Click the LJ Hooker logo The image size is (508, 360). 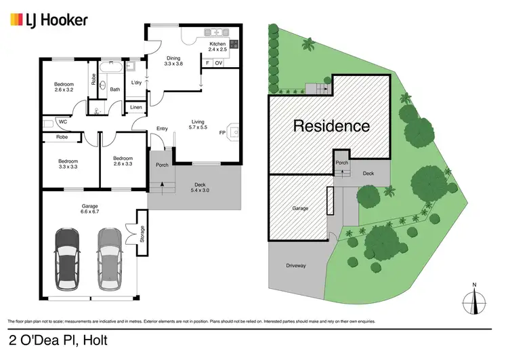[48, 20]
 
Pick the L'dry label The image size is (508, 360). [136, 83]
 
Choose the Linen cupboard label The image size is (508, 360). [135, 108]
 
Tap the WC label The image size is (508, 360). [62, 123]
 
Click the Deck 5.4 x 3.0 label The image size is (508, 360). [199, 187]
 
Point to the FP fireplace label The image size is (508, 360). [222, 132]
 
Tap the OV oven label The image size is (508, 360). [218, 63]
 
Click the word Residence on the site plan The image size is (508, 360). [331, 125]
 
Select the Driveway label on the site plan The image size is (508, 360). [296, 265]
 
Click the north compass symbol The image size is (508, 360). [475, 299]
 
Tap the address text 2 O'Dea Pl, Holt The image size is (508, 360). [59, 340]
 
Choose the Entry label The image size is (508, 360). [162, 128]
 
